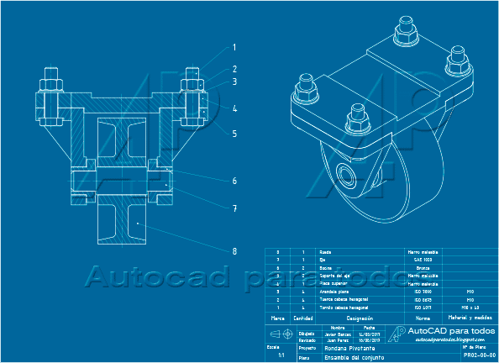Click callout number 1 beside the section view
(234, 48)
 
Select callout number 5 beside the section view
(234, 134)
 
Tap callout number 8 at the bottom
(234, 250)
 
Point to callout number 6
(234, 181)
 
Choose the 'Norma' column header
(423, 318)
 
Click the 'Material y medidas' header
(470, 318)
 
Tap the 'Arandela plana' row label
(336, 291)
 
